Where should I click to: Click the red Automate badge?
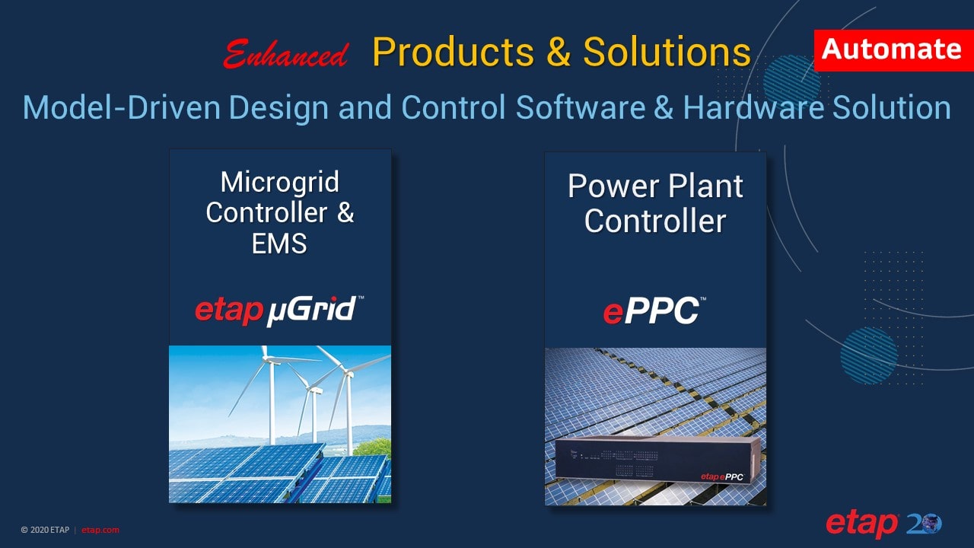[x=893, y=50]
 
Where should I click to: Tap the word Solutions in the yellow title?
[x=667, y=52]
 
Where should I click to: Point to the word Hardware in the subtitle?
[x=753, y=108]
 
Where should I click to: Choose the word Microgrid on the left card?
[x=279, y=183]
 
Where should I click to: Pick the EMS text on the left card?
[x=279, y=244]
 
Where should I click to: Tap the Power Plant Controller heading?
[x=655, y=204]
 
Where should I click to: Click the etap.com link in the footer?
[x=100, y=530]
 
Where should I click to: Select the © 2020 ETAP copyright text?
[x=46, y=530]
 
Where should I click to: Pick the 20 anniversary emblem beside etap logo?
[x=924, y=524]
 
